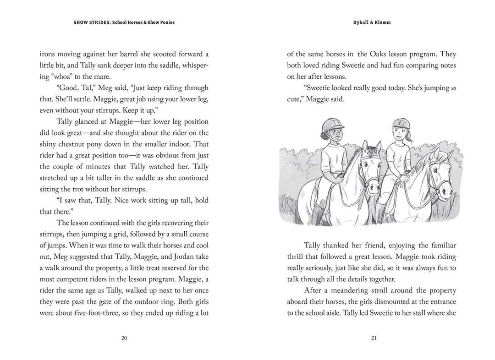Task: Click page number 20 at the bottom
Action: point(124,338)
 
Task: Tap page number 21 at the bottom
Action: point(373,338)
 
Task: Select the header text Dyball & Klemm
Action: point(372,22)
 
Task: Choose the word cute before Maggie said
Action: point(296,99)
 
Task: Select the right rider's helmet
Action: point(400,124)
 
